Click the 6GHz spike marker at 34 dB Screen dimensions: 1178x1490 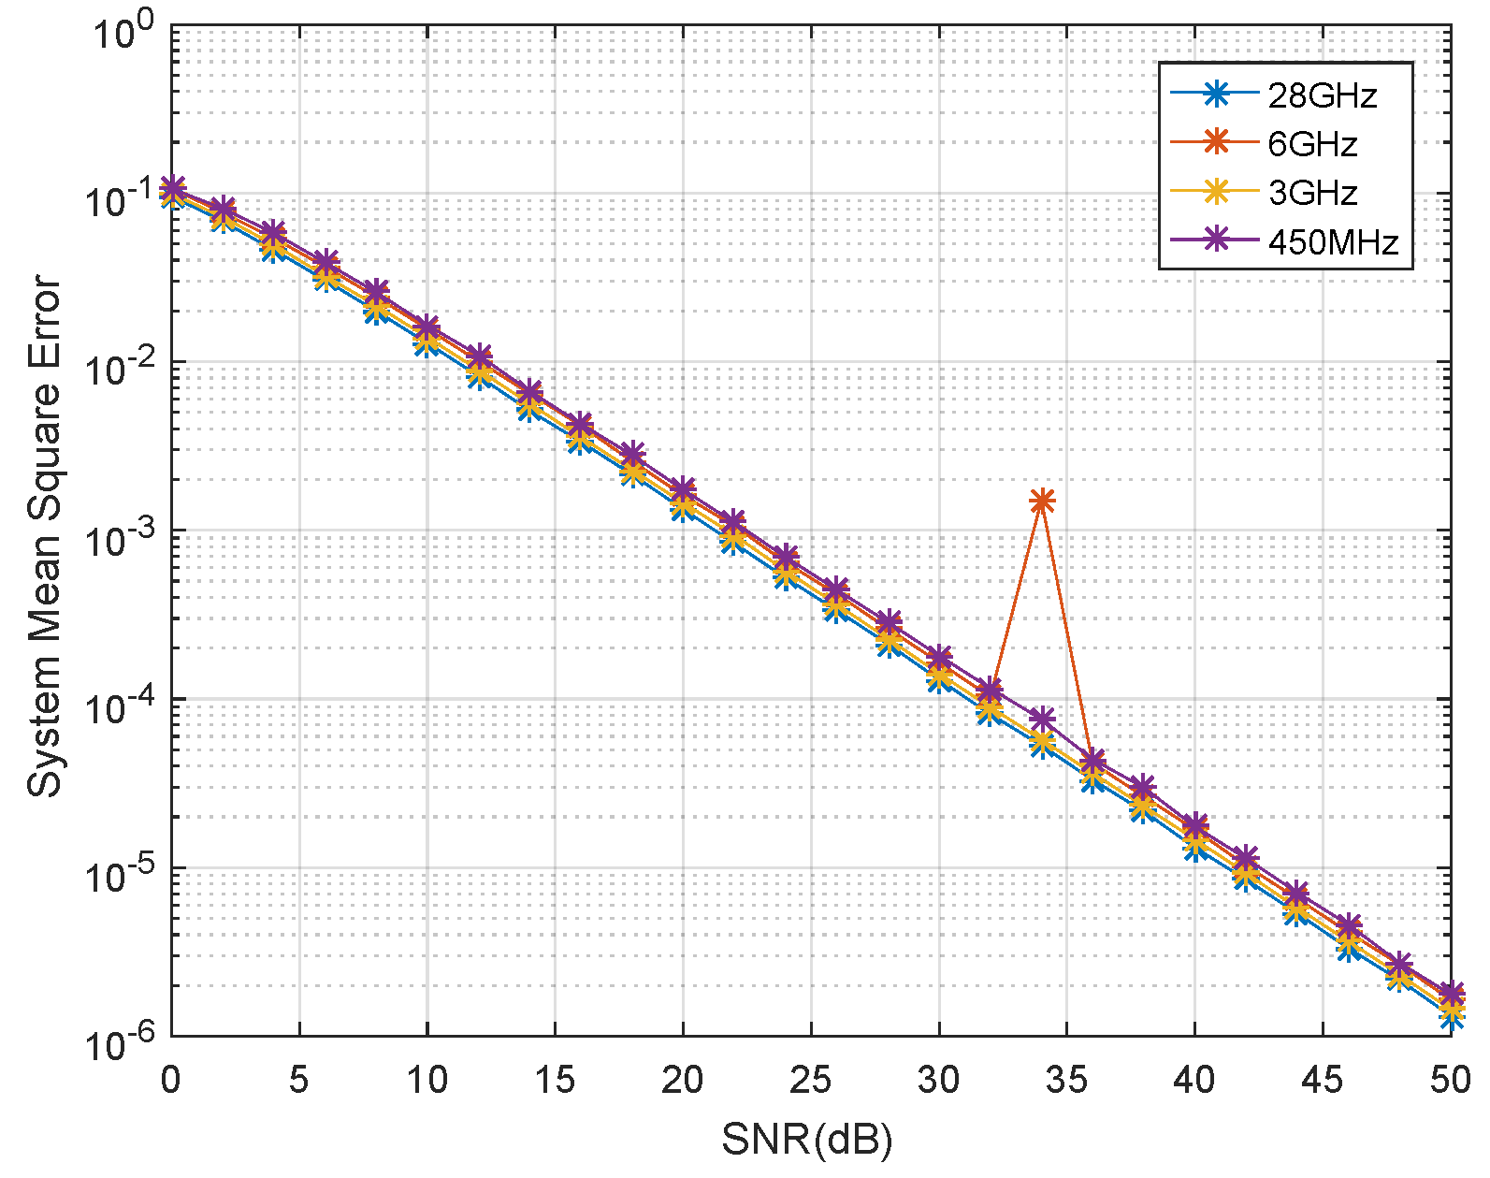click(x=1042, y=502)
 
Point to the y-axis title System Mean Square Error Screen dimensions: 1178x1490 click(x=43, y=535)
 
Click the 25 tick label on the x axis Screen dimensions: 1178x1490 click(x=810, y=1081)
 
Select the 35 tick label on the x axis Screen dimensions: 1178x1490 click(x=1066, y=1081)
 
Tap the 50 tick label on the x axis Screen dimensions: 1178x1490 click(x=1450, y=1081)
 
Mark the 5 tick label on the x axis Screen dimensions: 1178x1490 click(x=298, y=1081)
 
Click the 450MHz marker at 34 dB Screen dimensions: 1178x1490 click(x=1042, y=720)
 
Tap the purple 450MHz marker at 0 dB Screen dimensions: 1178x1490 click(x=172, y=187)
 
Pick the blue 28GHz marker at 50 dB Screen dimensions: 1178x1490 click(x=1451, y=1017)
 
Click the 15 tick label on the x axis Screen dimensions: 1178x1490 click(x=555, y=1081)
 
